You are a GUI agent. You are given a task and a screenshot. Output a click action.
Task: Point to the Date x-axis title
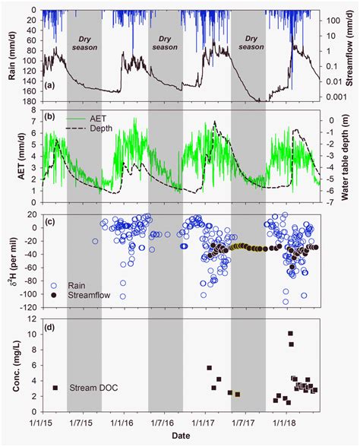coord(180,436)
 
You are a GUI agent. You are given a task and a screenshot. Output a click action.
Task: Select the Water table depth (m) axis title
coord(351,161)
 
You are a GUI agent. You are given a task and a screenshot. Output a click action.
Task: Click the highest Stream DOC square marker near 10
coord(290,333)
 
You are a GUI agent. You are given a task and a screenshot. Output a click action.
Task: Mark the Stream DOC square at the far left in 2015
coord(55,388)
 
